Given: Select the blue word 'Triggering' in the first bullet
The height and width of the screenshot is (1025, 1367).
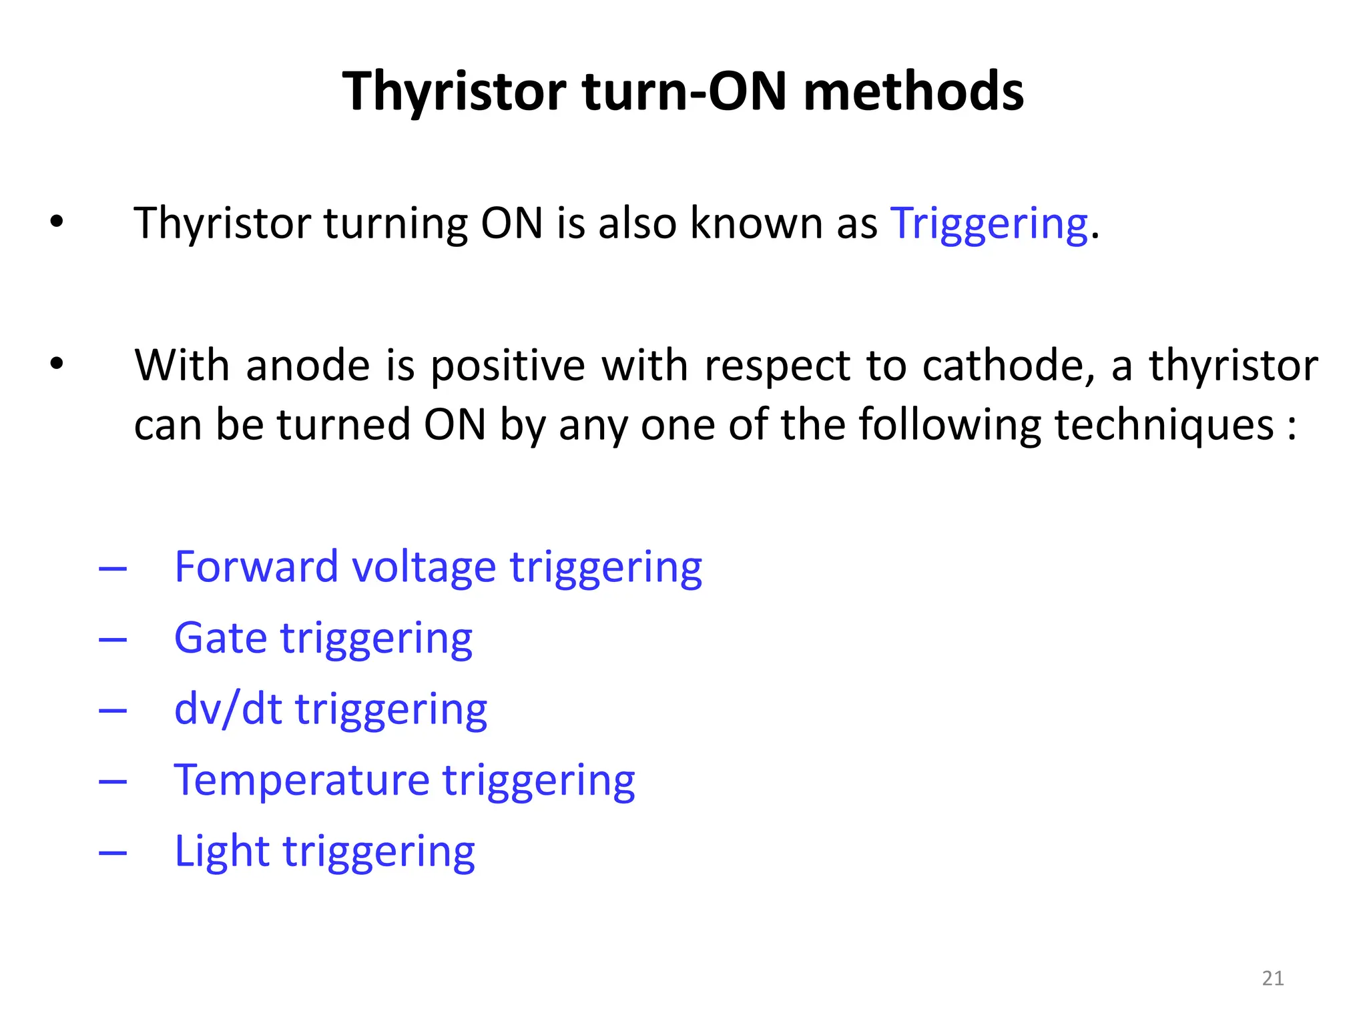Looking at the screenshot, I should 989,223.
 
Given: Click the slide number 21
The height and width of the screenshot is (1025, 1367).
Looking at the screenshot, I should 1273,978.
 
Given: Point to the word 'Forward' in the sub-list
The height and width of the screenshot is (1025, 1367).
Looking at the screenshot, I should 256,567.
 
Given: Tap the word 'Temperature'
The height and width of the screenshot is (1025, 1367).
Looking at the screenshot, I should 302,780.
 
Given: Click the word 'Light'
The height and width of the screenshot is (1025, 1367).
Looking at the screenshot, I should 222,852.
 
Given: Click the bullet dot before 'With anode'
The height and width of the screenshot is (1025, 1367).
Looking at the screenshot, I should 57,364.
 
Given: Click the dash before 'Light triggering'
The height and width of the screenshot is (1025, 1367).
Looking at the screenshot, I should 113,853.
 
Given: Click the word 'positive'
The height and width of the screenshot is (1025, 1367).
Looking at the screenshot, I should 507,367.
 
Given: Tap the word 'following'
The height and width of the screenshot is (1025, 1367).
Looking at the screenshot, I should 949,426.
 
